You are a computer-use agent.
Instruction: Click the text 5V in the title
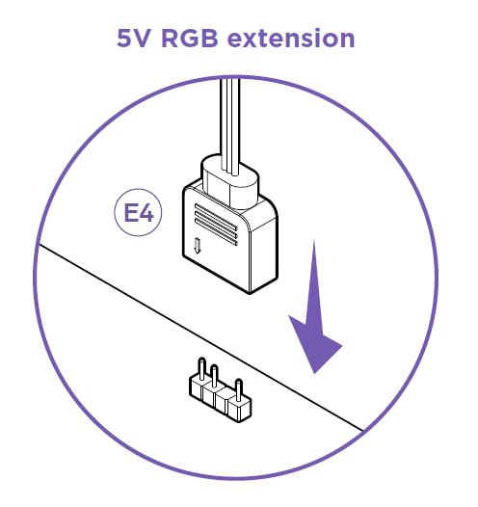[134, 39]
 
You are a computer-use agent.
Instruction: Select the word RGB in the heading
[190, 39]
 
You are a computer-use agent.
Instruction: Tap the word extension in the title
[291, 39]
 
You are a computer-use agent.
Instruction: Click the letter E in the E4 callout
[131, 213]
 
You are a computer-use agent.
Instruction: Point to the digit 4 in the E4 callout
[146, 213]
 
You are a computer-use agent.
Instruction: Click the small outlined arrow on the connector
[198, 246]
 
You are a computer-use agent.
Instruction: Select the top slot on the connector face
[216, 216]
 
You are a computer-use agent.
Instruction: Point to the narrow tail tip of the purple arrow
[314, 240]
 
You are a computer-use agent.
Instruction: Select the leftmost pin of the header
[201, 369]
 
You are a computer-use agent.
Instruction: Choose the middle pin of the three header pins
[214, 376]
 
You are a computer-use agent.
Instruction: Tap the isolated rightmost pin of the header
[238, 390]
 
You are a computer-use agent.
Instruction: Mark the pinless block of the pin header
[223, 400]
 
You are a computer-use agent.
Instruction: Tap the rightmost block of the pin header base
[240, 410]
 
